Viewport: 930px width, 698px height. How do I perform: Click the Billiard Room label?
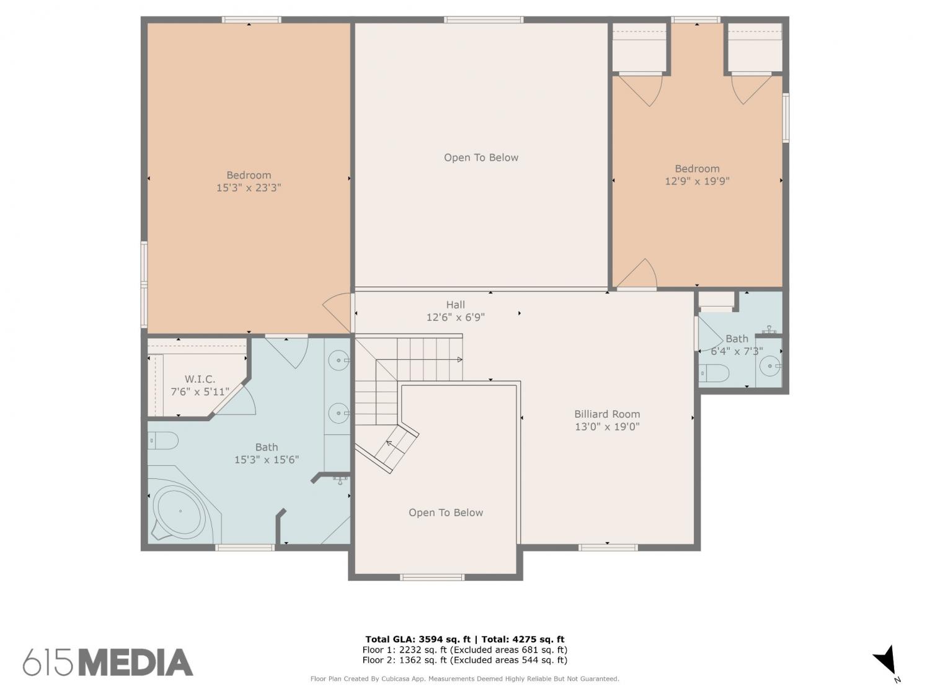point(607,414)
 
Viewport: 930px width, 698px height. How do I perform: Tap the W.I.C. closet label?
point(200,379)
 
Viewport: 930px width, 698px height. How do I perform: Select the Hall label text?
point(456,304)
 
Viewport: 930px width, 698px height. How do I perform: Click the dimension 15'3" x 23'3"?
point(249,187)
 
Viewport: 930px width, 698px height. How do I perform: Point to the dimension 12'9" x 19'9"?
point(697,181)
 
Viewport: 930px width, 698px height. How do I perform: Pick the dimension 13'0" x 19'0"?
point(607,426)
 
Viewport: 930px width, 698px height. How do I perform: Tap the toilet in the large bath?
point(163,441)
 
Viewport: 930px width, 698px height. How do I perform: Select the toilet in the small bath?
point(714,374)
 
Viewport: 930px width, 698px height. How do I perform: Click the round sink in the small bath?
point(770,365)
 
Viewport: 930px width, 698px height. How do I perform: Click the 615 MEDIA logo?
point(108,662)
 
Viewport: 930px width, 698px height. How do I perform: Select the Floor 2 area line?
point(465,660)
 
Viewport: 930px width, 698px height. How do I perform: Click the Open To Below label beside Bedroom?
point(481,158)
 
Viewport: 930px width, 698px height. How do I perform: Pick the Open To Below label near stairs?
point(446,513)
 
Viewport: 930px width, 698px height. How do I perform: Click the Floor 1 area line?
point(465,650)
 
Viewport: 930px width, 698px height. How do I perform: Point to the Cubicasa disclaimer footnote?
point(465,679)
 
